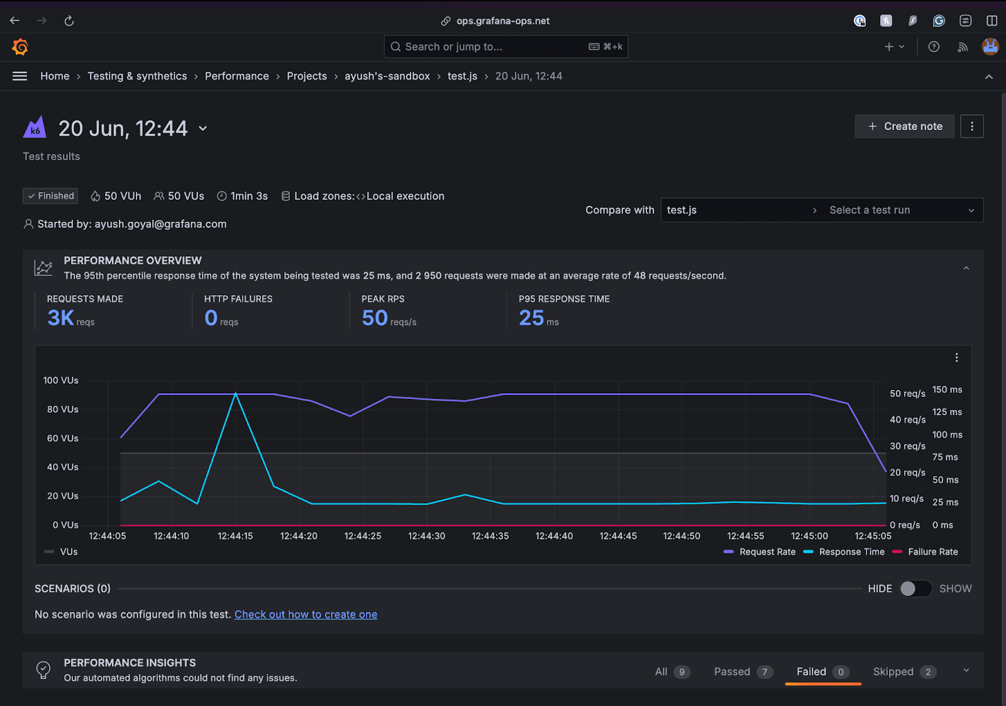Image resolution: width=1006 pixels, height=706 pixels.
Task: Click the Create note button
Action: click(904, 126)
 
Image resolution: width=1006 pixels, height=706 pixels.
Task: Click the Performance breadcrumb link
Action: click(236, 76)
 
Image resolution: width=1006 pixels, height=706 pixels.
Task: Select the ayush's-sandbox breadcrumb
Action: click(387, 76)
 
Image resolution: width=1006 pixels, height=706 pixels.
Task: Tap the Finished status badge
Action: click(50, 196)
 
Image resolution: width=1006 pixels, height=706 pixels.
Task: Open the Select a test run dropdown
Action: click(900, 210)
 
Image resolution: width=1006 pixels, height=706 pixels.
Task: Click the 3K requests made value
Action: click(61, 318)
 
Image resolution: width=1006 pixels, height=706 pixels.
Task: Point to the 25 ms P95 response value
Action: click(532, 318)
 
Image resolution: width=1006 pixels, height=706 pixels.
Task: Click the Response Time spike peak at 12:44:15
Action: click(235, 394)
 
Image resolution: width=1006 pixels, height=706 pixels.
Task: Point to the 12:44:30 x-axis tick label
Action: click(426, 536)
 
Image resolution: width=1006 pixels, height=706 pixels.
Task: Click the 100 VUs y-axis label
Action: click(61, 381)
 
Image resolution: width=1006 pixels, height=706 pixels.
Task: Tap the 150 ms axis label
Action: click(947, 389)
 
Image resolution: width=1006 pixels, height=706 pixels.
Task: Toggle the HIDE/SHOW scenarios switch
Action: click(915, 589)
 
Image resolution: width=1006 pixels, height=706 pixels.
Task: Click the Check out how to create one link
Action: click(306, 614)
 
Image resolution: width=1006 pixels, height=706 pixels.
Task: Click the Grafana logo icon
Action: click(20, 46)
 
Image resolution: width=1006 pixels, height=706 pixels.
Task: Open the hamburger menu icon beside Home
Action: click(19, 76)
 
